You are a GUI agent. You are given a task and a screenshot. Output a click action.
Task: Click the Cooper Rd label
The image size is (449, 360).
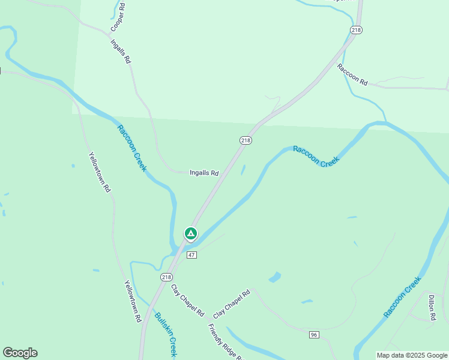118,17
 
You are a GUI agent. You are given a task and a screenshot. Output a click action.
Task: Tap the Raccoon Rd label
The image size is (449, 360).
352,75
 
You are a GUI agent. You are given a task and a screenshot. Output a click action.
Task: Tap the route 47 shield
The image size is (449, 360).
191,255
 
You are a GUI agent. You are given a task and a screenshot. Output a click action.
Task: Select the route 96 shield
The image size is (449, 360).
315,334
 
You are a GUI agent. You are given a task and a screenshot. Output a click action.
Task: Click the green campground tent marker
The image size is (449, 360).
190,233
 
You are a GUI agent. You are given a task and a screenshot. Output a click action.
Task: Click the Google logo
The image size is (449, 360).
20,353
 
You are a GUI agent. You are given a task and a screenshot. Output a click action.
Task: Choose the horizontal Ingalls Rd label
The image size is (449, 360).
204,173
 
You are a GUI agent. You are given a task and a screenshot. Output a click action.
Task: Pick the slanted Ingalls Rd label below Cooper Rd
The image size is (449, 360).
121,52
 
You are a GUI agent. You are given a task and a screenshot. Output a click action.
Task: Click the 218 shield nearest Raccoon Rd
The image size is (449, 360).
357,29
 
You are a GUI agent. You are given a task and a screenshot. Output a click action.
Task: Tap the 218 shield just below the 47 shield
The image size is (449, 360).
166,277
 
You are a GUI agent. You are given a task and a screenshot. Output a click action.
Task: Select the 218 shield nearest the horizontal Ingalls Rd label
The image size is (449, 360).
246,140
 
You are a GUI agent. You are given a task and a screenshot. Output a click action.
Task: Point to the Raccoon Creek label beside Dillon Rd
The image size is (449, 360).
403,296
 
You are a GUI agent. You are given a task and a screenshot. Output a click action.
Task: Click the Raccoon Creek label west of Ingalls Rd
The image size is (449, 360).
132,148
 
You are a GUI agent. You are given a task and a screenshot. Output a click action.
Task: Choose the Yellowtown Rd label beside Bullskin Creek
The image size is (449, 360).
132,302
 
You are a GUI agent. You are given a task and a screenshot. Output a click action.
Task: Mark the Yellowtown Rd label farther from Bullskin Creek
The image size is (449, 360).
100,172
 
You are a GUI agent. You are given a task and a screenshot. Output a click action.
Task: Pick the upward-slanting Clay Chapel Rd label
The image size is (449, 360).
232,304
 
